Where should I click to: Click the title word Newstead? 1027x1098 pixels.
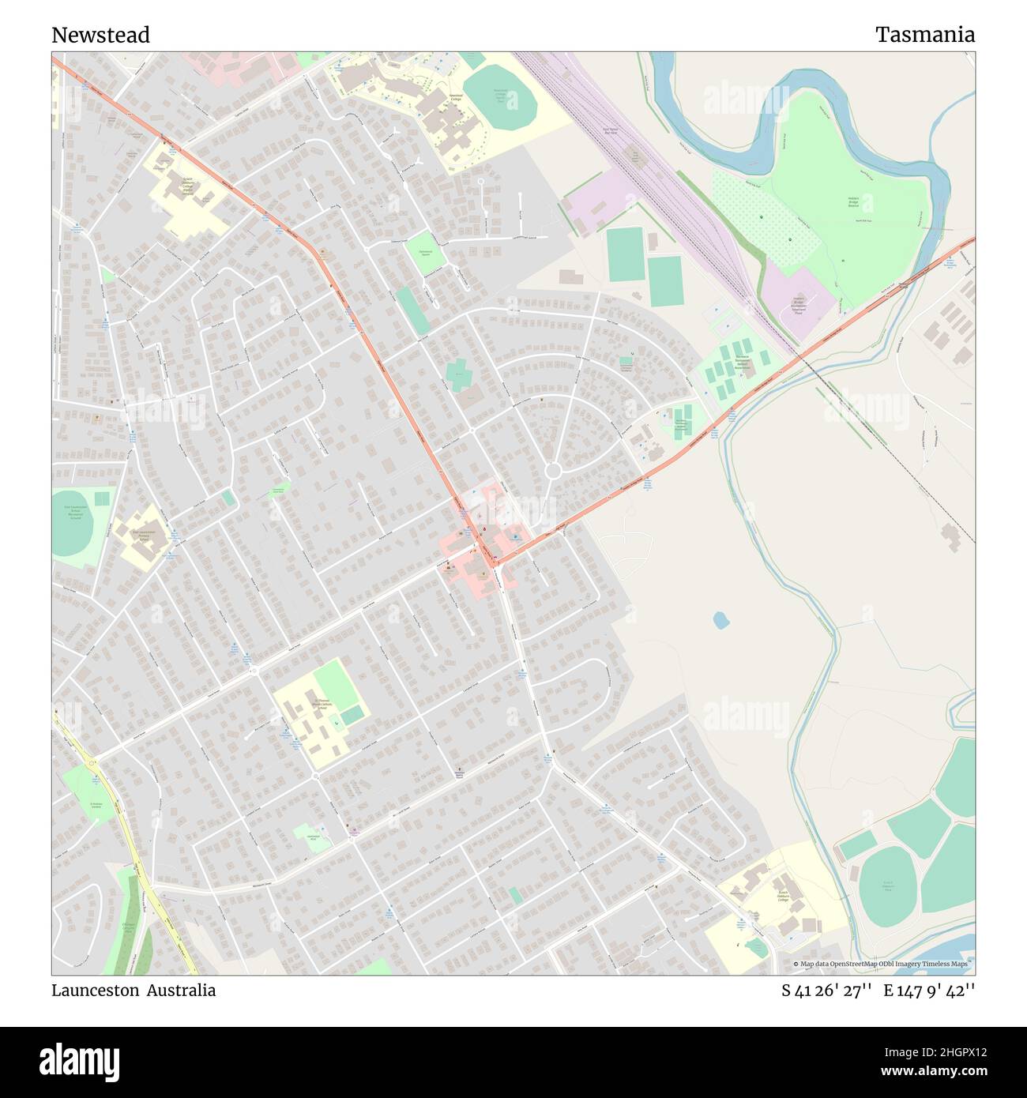pyautogui.click(x=100, y=36)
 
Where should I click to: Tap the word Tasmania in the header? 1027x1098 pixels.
pyautogui.click(x=924, y=35)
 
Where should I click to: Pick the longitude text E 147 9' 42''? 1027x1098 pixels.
pyautogui.click(x=929, y=991)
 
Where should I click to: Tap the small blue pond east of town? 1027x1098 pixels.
pyautogui.click(x=720, y=620)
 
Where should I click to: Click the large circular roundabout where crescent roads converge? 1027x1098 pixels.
pyautogui.click(x=553, y=471)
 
